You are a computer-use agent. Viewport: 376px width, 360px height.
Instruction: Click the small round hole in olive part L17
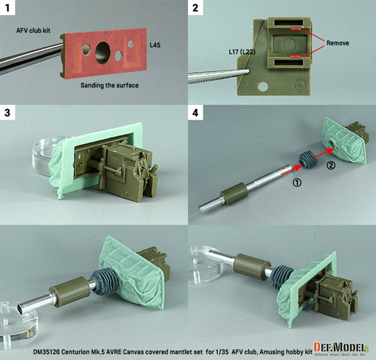[266, 83]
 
